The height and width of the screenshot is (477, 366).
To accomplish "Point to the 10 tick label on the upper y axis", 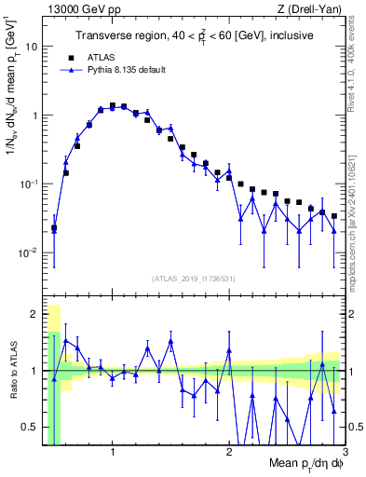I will (31, 47).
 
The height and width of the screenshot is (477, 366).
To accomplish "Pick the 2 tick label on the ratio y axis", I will (34, 313).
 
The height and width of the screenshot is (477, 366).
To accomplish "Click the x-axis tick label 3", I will (345, 452).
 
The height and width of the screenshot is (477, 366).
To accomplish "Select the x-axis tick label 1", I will (112, 452).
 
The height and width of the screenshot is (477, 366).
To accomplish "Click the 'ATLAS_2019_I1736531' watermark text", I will (194, 279).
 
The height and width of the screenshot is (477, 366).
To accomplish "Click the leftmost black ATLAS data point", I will (54, 227).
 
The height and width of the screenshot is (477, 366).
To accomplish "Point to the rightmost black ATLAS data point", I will (334, 216).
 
